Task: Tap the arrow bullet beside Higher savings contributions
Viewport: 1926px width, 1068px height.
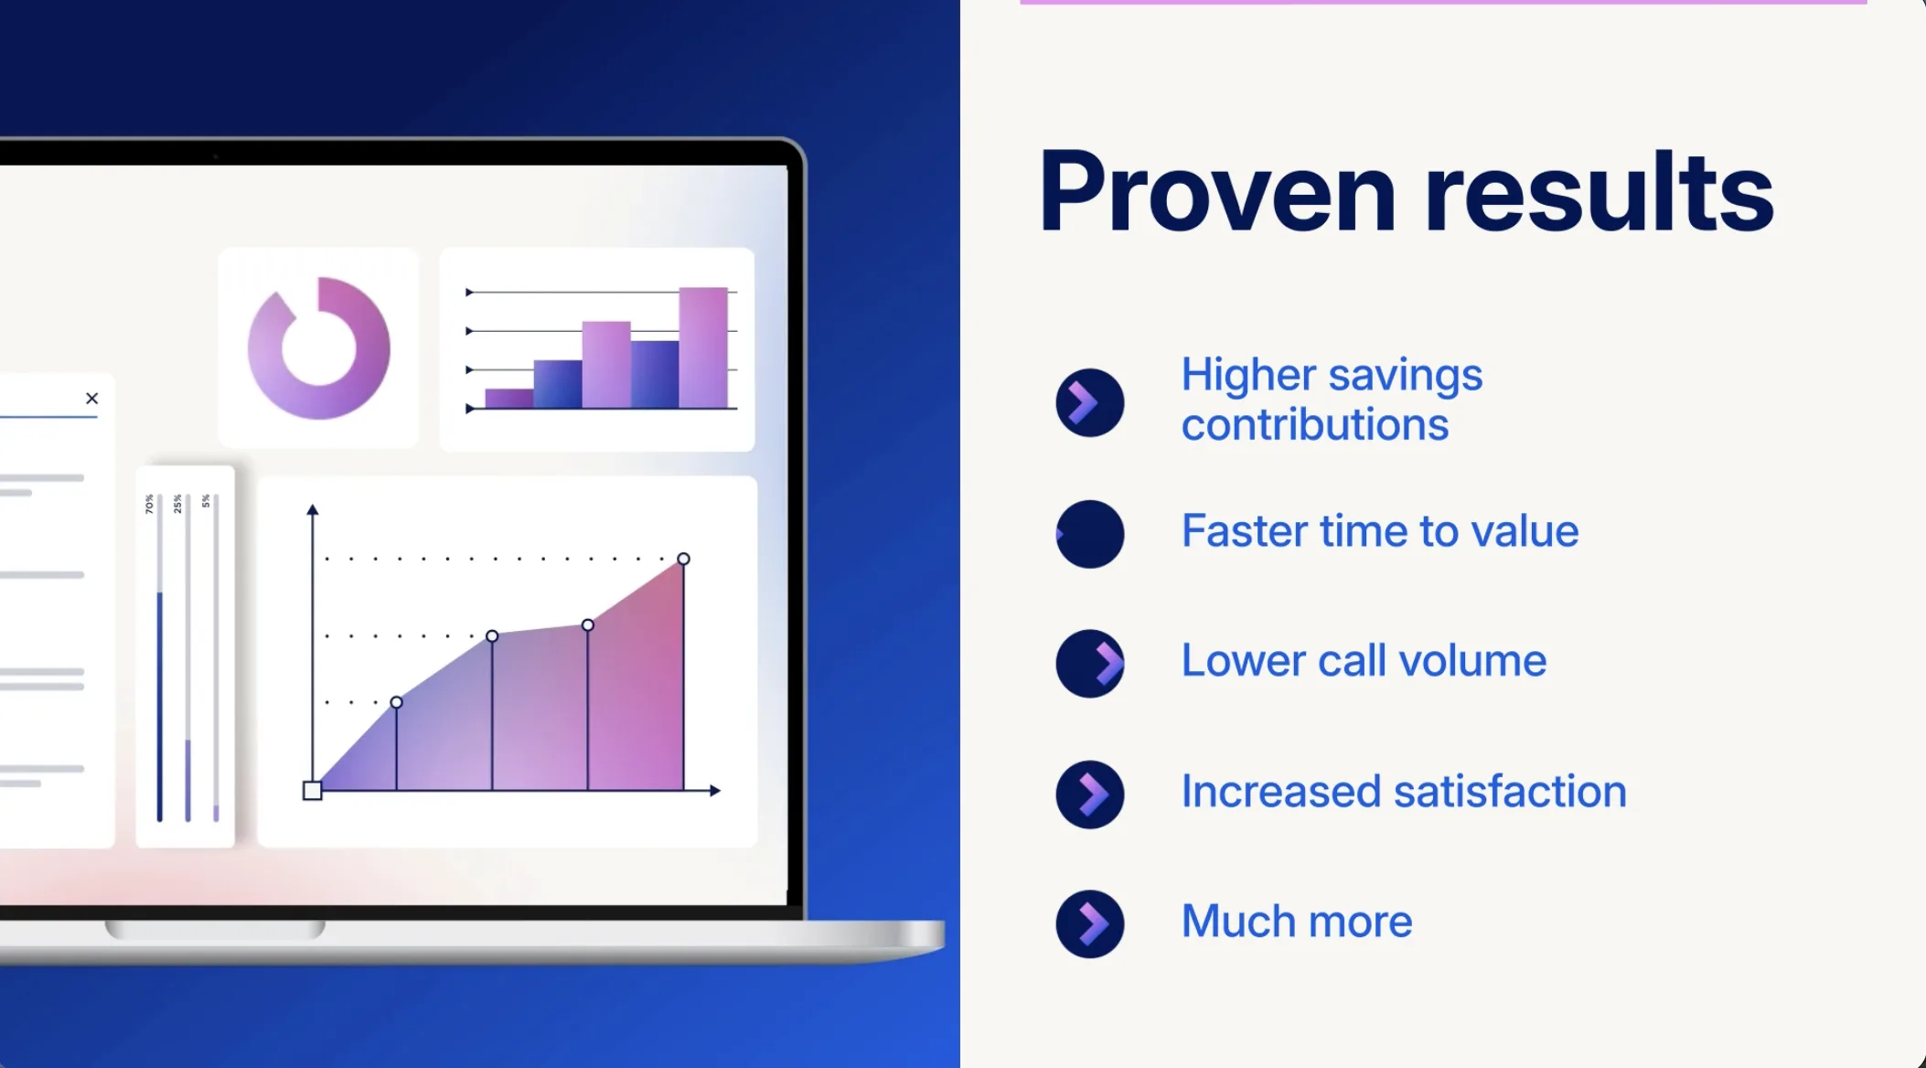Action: pos(1089,402)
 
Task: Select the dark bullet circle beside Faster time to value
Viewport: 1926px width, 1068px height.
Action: pos(1089,534)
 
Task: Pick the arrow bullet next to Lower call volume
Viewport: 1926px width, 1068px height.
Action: pos(1089,664)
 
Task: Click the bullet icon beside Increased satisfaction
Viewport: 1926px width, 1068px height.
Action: pos(1089,795)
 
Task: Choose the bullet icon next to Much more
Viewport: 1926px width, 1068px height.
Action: pos(1089,924)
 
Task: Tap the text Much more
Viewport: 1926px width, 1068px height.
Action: pos(1297,921)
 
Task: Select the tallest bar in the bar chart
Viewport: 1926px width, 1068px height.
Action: pos(703,347)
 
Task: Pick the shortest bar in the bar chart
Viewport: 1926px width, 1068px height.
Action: pos(509,399)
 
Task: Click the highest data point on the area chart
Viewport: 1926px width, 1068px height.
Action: pos(683,559)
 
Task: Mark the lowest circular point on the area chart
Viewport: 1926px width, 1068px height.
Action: pos(396,702)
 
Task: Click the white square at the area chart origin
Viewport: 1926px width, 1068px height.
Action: pos(313,791)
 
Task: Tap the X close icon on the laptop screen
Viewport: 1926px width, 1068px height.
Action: pos(91,398)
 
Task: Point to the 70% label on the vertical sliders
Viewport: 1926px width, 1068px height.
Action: pos(149,504)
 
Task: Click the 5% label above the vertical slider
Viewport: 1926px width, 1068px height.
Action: pos(206,501)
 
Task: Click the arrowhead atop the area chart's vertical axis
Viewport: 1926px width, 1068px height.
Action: pos(313,509)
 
